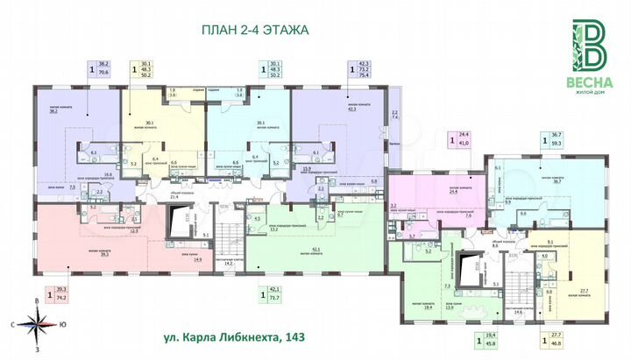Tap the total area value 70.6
click(103, 72)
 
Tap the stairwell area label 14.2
click(230, 263)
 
